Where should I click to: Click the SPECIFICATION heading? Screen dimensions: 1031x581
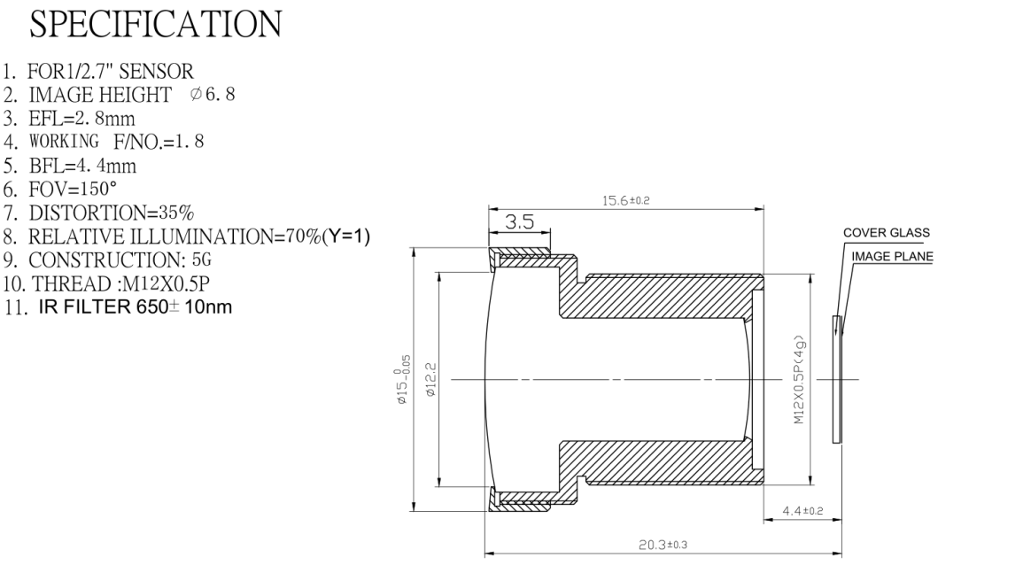[155, 24]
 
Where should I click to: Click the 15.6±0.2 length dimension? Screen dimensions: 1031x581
[626, 200]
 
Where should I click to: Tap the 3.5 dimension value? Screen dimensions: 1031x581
[519, 221]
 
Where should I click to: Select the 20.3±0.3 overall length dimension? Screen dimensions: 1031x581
[663, 545]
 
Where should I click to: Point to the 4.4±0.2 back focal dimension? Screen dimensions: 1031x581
[802, 511]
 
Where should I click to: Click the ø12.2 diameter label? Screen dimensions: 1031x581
[431, 379]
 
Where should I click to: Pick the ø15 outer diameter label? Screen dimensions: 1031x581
[402, 379]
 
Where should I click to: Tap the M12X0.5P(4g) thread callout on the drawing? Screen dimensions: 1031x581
[800, 380]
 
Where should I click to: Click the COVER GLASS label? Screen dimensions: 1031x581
[887, 233]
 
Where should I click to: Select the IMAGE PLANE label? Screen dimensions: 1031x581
[892, 256]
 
